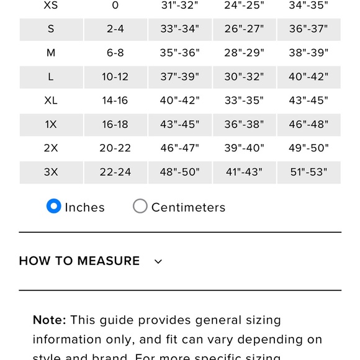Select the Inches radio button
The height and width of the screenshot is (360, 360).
[x=54, y=206]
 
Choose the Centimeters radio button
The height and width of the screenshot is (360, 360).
[x=140, y=206]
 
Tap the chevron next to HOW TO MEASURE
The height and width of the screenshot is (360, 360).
[x=158, y=261]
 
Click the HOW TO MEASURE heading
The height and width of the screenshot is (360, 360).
[x=79, y=261]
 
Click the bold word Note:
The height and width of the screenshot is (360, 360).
[x=49, y=320]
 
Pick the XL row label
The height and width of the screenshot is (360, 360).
[x=51, y=101]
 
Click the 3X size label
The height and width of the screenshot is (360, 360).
[x=51, y=172]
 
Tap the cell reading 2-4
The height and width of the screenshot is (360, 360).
[x=115, y=29]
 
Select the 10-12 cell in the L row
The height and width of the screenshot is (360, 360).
[x=115, y=77]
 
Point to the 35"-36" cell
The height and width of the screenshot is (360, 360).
[x=179, y=53]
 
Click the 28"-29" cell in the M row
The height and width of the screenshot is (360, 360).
[x=244, y=53]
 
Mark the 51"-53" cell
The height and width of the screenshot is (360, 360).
[x=308, y=172]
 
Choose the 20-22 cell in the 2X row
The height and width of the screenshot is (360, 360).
[x=115, y=148]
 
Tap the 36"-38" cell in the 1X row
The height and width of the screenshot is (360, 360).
[x=244, y=124]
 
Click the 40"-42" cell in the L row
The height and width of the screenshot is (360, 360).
[x=308, y=77]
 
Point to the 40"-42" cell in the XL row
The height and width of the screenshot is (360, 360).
[x=179, y=101]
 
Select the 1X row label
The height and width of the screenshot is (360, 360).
[x=51, y=124]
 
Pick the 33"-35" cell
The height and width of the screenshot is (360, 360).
[x=244, y=101]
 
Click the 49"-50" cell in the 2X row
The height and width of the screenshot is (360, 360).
[x=308, y=148]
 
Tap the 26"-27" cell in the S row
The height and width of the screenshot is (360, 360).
[x=244, y=29]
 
